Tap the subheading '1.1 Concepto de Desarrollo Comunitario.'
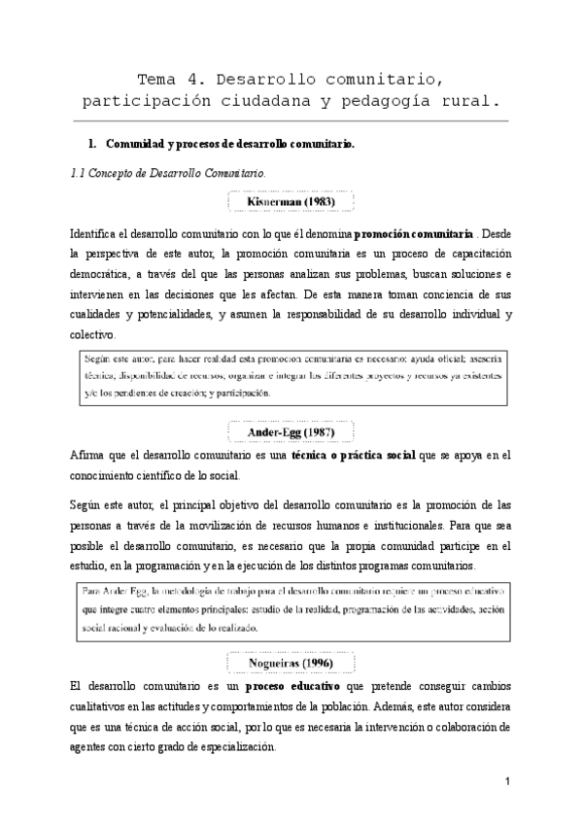point(159,173)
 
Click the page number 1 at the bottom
point(507,782)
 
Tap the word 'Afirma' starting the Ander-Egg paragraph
point(89,455)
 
